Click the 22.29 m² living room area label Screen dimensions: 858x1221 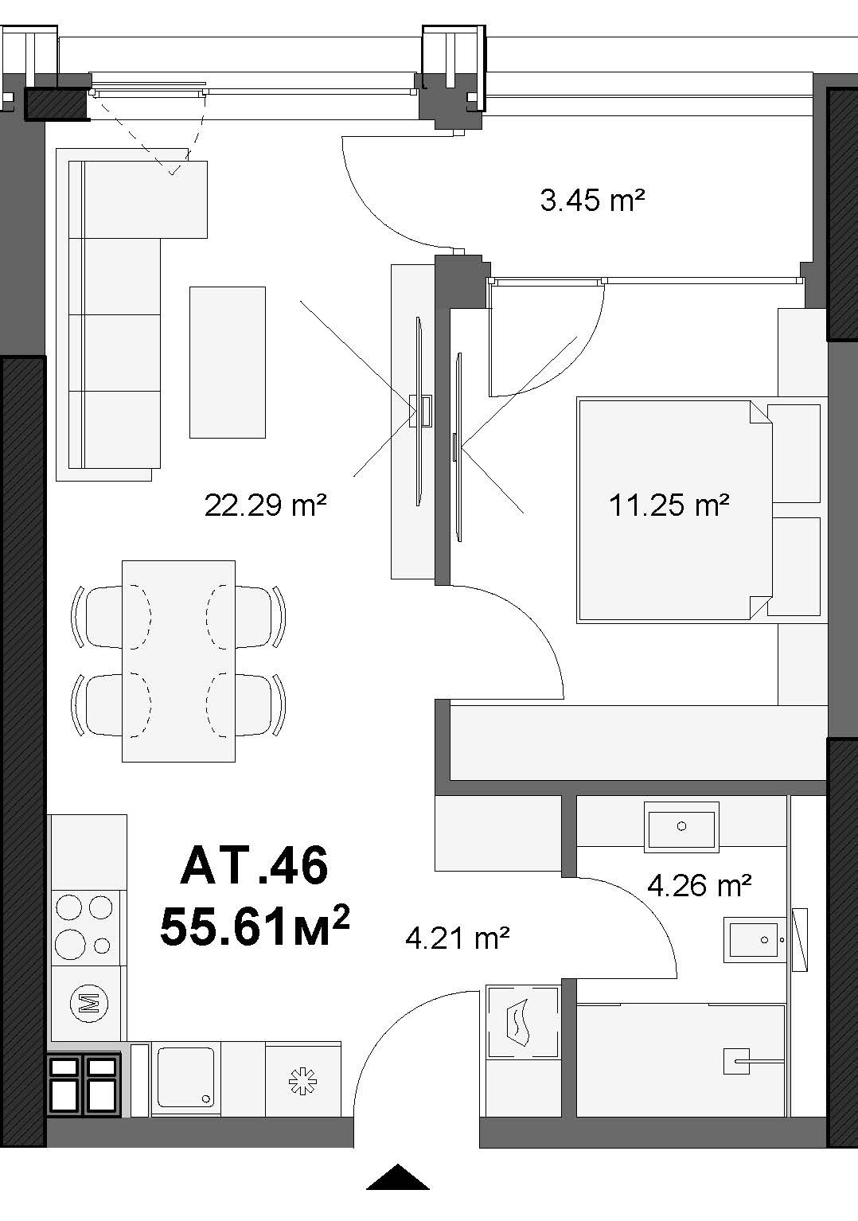click(x=266, y=505)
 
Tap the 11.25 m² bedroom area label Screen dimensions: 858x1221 click(x=669, y=505)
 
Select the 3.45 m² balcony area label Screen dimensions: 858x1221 click(x=592, y=200)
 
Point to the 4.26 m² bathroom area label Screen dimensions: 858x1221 click(x=700, y=886)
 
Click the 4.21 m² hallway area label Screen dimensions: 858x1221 click(x=458, y=938)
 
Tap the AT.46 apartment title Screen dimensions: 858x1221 click(x=254, y=865)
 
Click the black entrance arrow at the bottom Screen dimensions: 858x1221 click(x=398, y=1176)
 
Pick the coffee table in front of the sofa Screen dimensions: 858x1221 click(x=228, y=362)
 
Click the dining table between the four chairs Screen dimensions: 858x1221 click(x=179, y=661)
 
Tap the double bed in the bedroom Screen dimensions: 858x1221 click(x=675, y=510)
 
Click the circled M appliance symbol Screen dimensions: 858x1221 click(x=89, y=1002)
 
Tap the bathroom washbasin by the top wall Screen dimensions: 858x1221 click(x=681, y=827)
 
